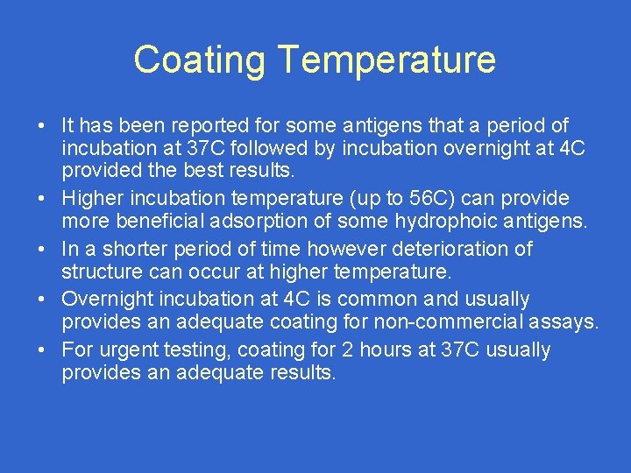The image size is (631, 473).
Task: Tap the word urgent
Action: (x=129, y=349)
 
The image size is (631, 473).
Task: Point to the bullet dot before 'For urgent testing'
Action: (x=42, y=350)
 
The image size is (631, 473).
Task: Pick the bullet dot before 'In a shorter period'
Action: (x=42, y=250)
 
